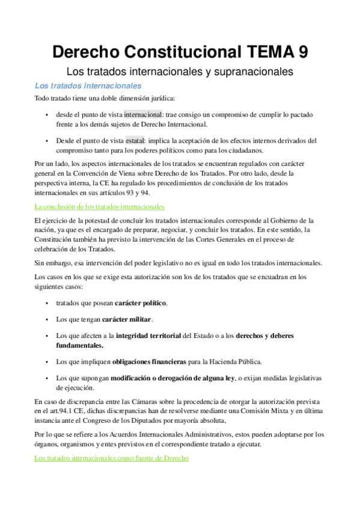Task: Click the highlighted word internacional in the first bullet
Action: click(x=143, y=114)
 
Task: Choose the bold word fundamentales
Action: click(x=80, y=345)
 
